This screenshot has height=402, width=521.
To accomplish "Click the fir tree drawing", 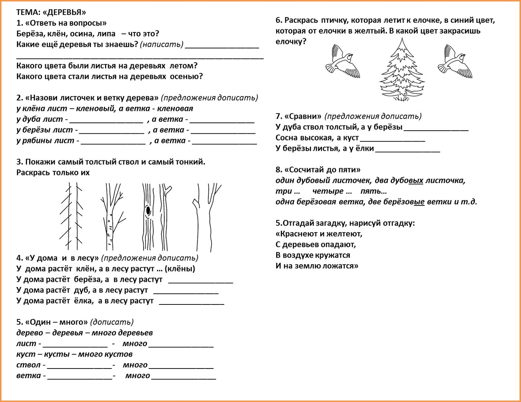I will (402, 71).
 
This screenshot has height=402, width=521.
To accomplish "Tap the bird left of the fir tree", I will (342, 61).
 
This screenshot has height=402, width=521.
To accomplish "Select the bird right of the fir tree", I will (455, 61).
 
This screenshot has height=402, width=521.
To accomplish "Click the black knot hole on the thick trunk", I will (148, 211).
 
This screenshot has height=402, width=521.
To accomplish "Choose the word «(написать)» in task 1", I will (161, 44).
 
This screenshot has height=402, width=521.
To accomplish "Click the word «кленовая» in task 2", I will (175, 108).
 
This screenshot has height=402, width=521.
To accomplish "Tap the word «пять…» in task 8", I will (373, 191).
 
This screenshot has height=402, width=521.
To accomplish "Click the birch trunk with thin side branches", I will (110, 216).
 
